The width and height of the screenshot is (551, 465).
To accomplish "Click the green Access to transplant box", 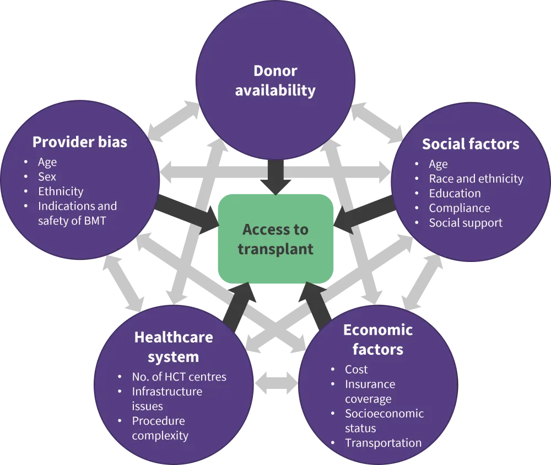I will click(275, 239).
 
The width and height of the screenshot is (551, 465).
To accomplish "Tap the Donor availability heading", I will click(275, 81).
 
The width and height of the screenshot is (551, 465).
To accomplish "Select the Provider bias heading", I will click(80, 142).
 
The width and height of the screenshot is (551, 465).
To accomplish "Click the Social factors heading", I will click(471, 144).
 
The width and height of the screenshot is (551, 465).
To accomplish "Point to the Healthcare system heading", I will click(174, 346).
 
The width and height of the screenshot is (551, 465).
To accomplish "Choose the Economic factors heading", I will click(378, 340).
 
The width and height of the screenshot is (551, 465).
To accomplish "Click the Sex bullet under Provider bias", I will click(47, 177).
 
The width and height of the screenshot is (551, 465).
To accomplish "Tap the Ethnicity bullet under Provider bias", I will click(61, 191).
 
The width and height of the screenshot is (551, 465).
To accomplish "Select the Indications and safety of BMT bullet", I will click(77, 213).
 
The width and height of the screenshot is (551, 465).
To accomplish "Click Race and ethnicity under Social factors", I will click(476, 179).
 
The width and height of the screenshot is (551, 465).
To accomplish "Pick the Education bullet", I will click(455, 193).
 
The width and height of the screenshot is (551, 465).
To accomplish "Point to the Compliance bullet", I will click(459, 208).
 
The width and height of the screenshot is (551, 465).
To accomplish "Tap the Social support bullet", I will click(466, 223).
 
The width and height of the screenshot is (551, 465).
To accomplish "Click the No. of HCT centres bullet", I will click(179, 377).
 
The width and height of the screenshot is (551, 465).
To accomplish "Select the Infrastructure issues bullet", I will click(166, 399).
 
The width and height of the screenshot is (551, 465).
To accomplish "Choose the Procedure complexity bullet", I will click(160, 428).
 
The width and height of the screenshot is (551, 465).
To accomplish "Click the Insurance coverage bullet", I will click(370, 392).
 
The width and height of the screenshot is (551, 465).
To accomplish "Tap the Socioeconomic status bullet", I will click(384, 421).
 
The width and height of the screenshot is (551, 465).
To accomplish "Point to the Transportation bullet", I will click(383, 443).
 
